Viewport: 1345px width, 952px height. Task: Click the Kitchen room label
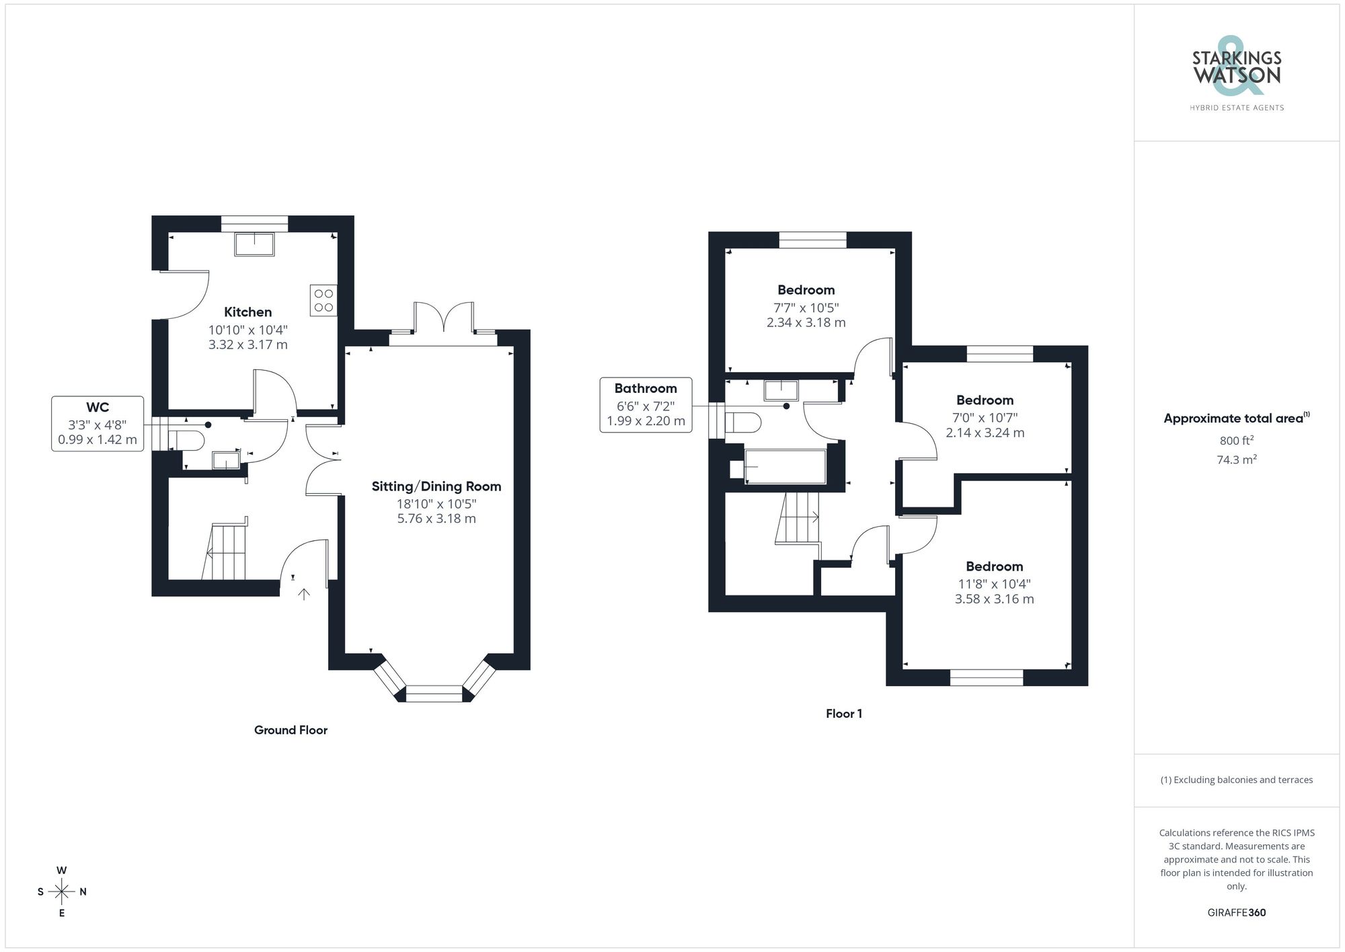tap(247, 312)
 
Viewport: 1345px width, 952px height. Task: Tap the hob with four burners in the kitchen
tap(323, 301)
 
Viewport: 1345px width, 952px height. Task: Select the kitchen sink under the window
tap(254, 244)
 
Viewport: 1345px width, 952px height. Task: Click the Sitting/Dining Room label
tap(436, 486)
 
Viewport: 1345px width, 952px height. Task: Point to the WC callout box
tap(98, 424)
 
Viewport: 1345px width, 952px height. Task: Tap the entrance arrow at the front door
tap(304, 593)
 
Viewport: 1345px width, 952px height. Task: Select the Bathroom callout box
tap(646, 404)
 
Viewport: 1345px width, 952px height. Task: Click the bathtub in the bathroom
tap(785, 467)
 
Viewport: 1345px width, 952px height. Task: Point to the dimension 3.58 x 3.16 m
tap(994, 599)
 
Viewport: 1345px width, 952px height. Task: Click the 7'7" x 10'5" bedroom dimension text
tap(806, 307)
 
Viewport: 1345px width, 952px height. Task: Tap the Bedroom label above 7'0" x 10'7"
tap(985, 400)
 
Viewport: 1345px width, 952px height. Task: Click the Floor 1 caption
tap(844, 714)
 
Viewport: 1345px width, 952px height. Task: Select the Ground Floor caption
tap(291, 730)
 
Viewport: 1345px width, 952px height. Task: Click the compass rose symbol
tap(62, 892)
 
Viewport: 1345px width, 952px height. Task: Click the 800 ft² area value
tap(1236, 441)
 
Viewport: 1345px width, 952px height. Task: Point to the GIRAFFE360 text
tap(1236, 913)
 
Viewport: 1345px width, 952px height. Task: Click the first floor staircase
tap(798, 517)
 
